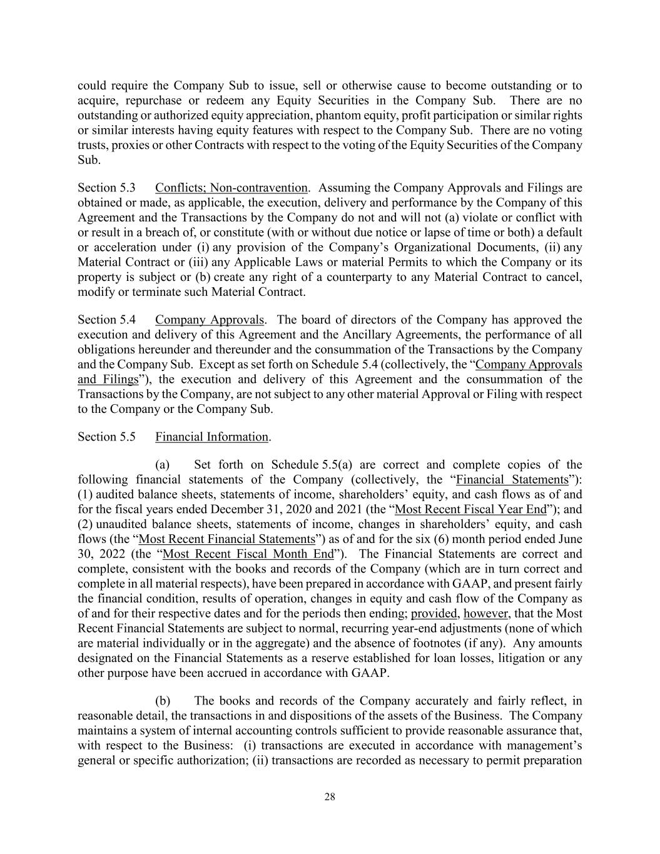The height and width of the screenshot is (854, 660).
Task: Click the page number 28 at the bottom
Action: coord(330,796)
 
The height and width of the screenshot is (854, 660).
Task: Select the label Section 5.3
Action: coord(106,188)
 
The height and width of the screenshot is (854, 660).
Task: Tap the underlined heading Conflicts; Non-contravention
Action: coord(231,188)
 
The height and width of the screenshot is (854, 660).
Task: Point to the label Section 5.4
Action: coord(106,320)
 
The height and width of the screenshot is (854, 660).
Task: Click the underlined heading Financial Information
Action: coord(212,437)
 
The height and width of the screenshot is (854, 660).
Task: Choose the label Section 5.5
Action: coord(106,437)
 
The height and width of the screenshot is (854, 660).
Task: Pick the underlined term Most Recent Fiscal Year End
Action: coord(471,509)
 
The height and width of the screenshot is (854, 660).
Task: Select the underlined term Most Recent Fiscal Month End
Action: coord(248,554)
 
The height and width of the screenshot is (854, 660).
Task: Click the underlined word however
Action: coord(484,613)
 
